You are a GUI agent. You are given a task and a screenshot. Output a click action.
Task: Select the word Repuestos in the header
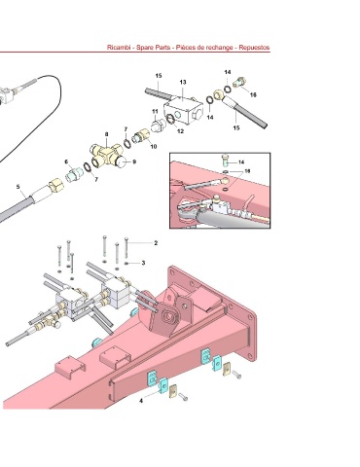(x=254, y=48)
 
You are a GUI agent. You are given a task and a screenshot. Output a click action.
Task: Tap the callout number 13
(x=183, y=82)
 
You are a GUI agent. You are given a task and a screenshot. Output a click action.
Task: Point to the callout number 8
(x=106, y=134)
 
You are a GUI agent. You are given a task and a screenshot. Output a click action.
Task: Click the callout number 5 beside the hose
(x=18, y=187)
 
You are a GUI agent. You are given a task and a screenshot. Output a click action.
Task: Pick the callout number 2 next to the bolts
(x=156, y=243)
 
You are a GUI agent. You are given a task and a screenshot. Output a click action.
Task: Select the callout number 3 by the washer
(x=143, y=263)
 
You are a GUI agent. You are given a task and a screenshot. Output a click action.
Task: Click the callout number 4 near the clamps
(x=141, y=401)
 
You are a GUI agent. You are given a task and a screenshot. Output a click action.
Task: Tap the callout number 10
(x=154, y=147)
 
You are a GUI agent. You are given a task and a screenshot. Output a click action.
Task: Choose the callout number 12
(x=180, y=131)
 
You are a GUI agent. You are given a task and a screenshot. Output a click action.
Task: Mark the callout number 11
(x=155, y=112)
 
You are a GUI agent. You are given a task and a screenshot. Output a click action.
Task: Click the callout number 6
(x=66, y=162)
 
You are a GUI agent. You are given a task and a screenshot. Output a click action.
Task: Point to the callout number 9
(x=134, y=162)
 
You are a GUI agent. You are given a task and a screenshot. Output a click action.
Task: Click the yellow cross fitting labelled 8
(x=105, y=153)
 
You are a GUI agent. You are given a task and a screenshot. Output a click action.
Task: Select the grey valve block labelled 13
(x=183, y=110)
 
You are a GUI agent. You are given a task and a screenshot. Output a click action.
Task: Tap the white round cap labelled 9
(x=123, y=162)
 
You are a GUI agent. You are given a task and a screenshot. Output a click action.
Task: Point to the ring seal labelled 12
(x=171, y=120)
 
